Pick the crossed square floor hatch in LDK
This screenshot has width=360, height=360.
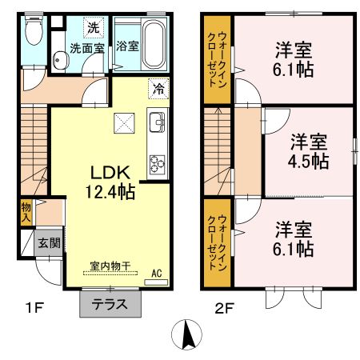[122, 122]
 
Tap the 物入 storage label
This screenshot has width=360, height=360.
[26, 212]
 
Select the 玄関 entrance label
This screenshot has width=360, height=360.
[48, 242]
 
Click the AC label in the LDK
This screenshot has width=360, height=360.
[158, 273]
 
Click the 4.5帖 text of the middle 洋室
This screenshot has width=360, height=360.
[309, 160]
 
